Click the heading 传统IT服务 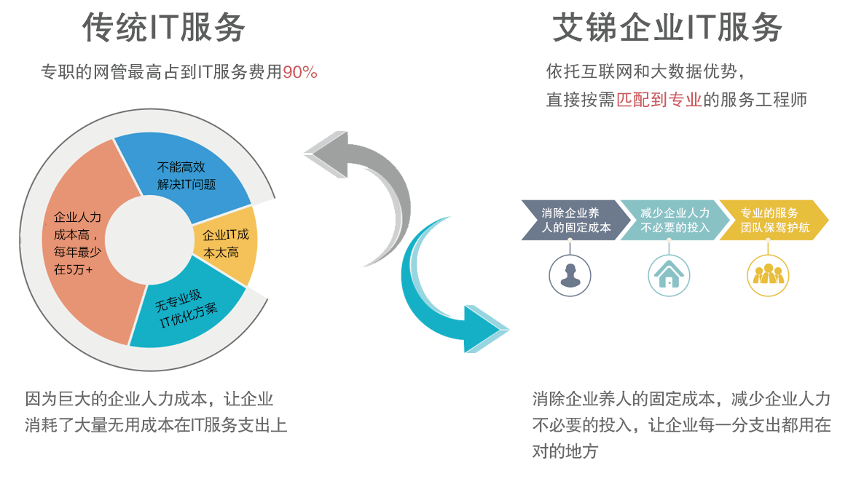point(163,28)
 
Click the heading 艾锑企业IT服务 point(667,28)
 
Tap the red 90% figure point(299,72)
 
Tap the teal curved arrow point(437,298)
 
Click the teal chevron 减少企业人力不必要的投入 point(670,220)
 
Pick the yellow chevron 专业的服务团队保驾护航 point(771,220)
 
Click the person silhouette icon point(570,274)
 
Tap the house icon point(669,274)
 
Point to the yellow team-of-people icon point(769,274)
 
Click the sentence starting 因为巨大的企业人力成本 point(149,399)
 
